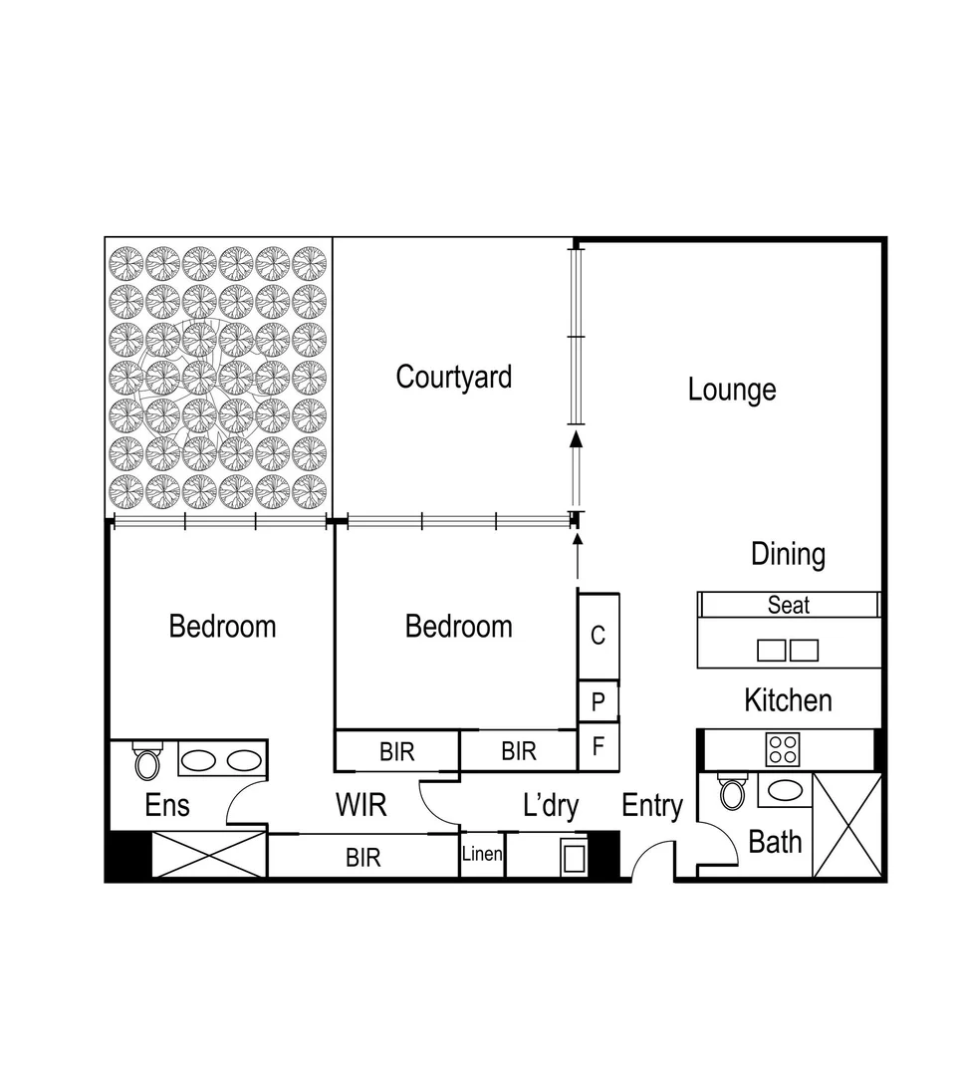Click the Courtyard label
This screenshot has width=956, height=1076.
pos(453,378)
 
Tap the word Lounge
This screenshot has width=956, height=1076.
pos(732,390)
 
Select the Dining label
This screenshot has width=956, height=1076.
pos(788,554)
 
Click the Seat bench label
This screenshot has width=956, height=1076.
pos(788,605)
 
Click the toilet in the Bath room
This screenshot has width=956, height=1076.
pos(733,793)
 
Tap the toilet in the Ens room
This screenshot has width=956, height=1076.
pos(146,763)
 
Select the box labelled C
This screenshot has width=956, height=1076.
pos(598,636)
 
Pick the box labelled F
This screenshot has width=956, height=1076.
pos(598,746)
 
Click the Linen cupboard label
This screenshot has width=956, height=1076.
pos(482,855)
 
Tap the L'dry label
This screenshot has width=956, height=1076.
pos(550,806)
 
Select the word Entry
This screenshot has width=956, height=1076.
pos(652,806)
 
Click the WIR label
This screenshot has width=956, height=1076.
pos(360,805)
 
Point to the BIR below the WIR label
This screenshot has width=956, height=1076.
pos(362,857)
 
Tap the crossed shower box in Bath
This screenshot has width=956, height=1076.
pos(847,825)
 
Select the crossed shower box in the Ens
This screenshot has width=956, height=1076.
pos(209,856)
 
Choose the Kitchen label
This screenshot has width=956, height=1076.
pos(788,700)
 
